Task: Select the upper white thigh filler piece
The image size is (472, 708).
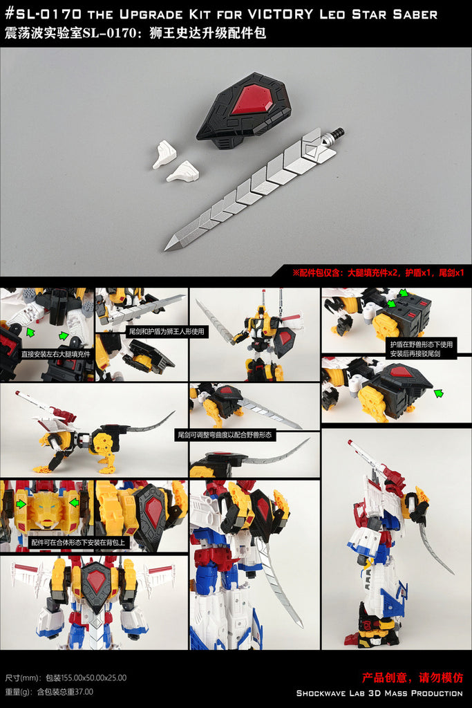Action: pos(163,154)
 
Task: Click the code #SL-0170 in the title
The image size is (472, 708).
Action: pos(44,14)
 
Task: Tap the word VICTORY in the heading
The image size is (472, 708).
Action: pos(280,14)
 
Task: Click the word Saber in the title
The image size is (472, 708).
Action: pos(415,15)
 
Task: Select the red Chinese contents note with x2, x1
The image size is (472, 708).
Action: pos(378,272)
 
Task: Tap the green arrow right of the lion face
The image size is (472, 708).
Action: pos(73,502)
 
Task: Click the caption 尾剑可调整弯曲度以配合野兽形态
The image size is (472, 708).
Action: pos(225,435)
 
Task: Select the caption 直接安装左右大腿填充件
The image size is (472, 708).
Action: pos(56,354)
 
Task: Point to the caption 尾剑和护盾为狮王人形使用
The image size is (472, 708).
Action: pos(167,331)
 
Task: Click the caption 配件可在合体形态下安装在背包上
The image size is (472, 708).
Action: pos(77,542)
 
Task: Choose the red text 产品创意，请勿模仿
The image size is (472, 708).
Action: pos(413,678)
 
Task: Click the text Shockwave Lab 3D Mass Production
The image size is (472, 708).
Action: pos(379,693)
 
